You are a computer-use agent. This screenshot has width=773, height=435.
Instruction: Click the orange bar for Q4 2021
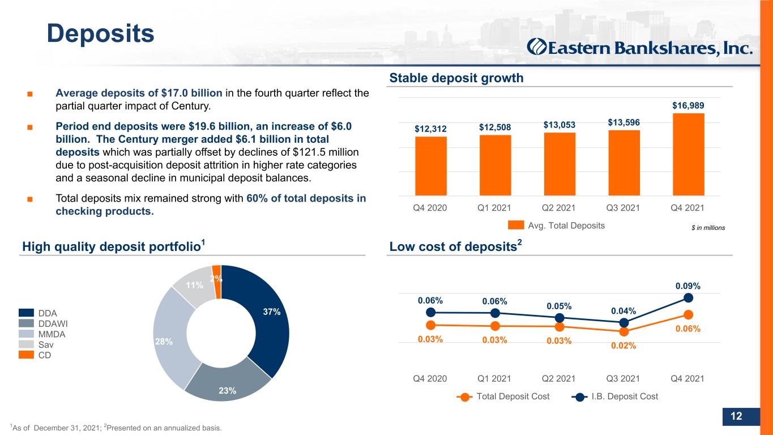tap(689, 154)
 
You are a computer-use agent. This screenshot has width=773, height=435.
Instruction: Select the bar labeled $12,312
tap(430, 166)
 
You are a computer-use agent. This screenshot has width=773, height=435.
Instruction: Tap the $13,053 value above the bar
tap(560, 125)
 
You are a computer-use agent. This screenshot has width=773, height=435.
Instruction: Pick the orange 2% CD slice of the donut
tap(217, 282)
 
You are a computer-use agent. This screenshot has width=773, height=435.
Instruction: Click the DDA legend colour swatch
tap(26, 313)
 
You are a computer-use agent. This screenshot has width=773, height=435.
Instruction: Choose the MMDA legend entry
tap(42, 334)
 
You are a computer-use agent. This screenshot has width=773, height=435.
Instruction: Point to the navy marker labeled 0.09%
tap(688, 297)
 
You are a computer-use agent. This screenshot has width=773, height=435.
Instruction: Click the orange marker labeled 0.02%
tap(624, 332)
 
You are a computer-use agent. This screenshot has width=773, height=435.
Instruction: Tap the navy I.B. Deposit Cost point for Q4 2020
tap(430, 313)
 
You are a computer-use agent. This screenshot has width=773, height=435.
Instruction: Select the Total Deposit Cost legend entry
tap(503, 396)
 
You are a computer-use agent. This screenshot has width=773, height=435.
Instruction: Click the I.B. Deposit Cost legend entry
tap(614, 396)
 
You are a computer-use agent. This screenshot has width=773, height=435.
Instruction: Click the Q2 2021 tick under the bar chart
tap(559, 208)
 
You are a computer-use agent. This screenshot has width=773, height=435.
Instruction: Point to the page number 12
tap(736, 416)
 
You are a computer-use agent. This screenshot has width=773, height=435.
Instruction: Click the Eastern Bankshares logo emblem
tap(536, 48)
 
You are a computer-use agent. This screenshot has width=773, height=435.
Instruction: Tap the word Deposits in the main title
tap(100, 34)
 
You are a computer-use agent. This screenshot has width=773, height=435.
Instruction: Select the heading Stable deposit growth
tap(456, 78)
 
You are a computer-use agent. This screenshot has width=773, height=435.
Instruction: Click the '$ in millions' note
tap(708, 228)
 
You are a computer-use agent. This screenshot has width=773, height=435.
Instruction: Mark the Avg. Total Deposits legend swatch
tap(516, 225)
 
